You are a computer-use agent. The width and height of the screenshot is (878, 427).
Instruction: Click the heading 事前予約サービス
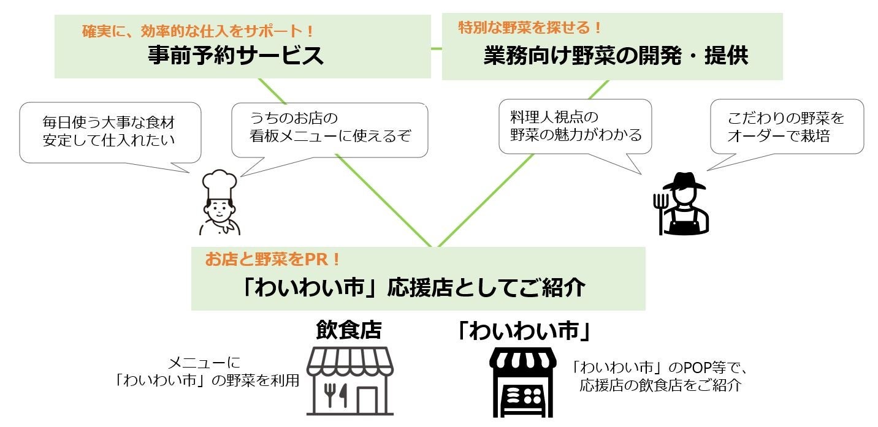coord(235,56)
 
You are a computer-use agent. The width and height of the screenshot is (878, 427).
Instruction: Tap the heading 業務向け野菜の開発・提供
coord(616,56)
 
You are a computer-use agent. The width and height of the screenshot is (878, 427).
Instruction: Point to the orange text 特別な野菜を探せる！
coord(530,27)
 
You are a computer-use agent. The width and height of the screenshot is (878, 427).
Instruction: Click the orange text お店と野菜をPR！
coord(273,260)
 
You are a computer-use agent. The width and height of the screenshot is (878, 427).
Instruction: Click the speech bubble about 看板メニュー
coord(329,127)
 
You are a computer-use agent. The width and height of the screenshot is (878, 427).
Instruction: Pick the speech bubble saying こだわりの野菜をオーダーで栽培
coord(786,126)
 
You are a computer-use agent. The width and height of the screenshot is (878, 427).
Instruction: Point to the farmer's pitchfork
coord(660,211)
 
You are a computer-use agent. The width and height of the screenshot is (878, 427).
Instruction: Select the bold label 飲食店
coord(348,330)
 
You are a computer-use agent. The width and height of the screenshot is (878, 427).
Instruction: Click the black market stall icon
coord(522,382)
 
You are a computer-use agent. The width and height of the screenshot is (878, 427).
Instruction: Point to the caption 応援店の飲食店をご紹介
coord(659,386)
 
